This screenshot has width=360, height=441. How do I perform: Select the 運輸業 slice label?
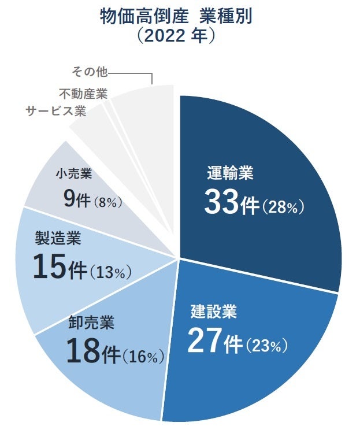231,173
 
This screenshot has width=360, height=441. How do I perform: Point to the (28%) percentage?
283,207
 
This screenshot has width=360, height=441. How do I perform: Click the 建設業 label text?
214,312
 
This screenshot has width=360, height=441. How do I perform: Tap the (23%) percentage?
266,346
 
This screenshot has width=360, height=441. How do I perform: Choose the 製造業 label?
58,237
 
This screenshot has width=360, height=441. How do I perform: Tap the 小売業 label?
74,173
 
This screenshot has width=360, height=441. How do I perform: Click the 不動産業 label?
83,92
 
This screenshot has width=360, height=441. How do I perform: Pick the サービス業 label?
56,111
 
